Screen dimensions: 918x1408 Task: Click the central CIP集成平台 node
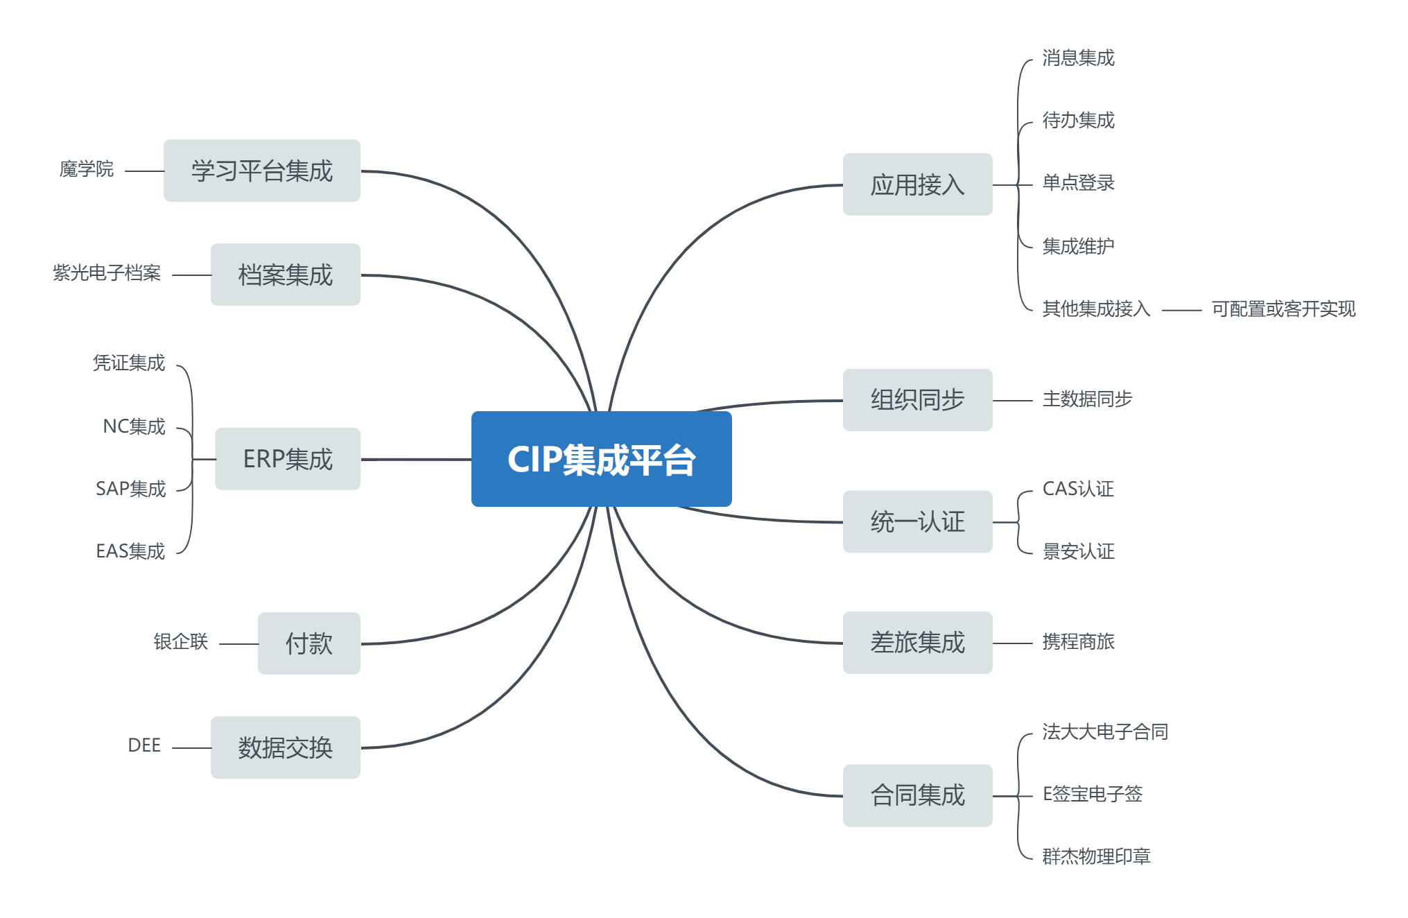(x=601, y=459)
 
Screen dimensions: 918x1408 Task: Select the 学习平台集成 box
(x=261, y=171)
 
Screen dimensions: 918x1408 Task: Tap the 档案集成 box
(x=285, y=275)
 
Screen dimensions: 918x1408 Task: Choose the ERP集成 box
(x=287, y=459)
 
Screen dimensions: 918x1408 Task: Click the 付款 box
(x=308, y=643)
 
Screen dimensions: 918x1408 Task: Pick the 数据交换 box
(x=285, y=747)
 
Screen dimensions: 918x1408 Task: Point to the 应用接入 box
(x=917, y=184)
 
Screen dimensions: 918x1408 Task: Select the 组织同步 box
(x=917, y=400)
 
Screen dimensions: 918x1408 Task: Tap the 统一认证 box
(x=917, y=521)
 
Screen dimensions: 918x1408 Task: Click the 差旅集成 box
(x=917, y=643)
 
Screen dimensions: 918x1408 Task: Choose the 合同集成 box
(x=917, y=795)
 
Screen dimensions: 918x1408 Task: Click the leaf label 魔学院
(x=86, y=169)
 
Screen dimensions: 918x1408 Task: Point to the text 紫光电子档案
(x=107, y=273)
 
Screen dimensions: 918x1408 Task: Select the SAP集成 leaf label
(x=130, y=489)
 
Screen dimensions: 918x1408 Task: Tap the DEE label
(x=144, y=745)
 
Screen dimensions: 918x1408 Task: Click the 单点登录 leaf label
(x=1078, y=183)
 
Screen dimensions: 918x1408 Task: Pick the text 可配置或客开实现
(x=1283, y=309)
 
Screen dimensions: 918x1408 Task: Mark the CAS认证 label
(x=1078, y=489)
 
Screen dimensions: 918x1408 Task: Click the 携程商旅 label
(x=1078, y=642)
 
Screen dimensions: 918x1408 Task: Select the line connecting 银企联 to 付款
(x=238, y=644)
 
